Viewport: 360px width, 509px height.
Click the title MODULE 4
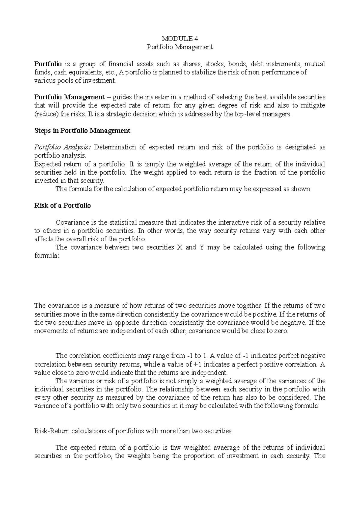(180, 38)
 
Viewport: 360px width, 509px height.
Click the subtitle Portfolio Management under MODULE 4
(180, 47)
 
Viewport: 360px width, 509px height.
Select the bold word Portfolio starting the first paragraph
(48, 64)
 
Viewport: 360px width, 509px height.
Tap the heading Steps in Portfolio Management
(82, 131)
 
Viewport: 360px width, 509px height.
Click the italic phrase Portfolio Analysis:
(62, 147)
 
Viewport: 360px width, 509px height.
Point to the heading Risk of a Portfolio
(63, 206)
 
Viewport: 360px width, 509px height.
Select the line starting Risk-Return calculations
(133, 431)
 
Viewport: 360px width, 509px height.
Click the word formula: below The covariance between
(47, 256)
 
